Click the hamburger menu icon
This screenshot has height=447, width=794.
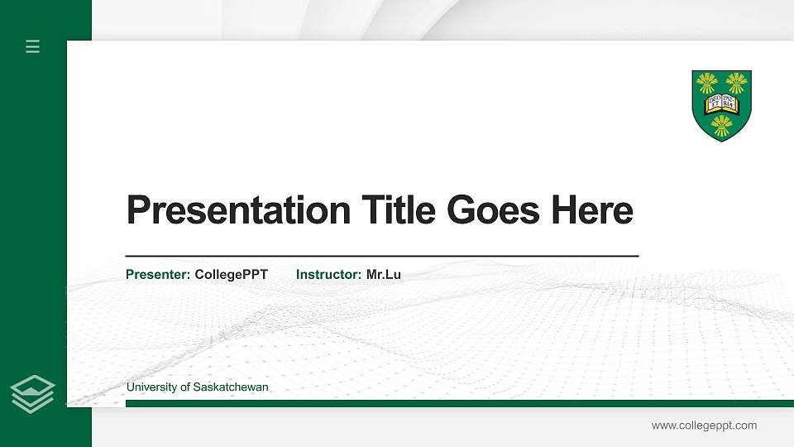33,46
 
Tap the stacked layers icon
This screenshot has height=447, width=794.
33,393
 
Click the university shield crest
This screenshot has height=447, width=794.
721,105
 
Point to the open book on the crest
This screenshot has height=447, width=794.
721,103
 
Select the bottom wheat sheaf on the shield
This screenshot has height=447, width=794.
722,125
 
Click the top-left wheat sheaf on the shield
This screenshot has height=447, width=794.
706,82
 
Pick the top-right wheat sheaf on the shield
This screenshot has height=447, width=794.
736,82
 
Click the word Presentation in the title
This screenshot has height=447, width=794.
238,210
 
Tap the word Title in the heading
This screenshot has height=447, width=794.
399,210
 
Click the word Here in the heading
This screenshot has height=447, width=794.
592,210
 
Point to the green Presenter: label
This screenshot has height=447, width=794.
158,274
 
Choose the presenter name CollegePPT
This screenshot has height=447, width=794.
231,274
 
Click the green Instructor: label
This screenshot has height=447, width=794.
328,274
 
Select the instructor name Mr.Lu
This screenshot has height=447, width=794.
384,274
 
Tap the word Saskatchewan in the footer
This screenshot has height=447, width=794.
231,387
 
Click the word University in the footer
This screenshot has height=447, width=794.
151,387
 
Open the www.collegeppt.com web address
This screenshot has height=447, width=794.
704,425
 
